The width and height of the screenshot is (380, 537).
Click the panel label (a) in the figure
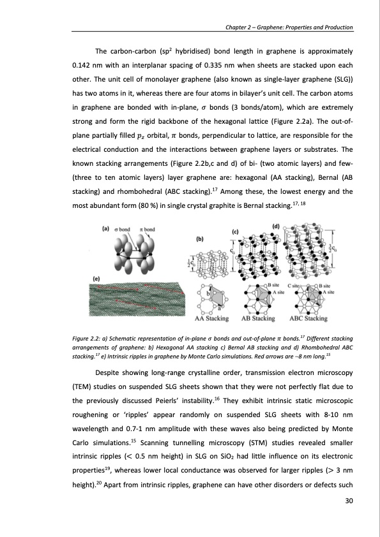tap(105, 228)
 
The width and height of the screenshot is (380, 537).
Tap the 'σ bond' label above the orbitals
tap(123, 229)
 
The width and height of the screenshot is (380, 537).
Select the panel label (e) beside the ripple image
tap(96, 279)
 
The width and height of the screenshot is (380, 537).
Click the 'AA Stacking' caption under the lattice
tap(211, 318)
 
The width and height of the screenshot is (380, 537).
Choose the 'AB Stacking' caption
tap(258, 318)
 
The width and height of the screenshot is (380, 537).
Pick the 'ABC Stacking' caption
tap(308, 318)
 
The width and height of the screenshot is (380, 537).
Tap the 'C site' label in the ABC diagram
tap(294, 286)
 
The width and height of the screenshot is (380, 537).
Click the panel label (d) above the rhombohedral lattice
tap(276, 226)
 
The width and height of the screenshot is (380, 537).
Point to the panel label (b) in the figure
tap(200, 239)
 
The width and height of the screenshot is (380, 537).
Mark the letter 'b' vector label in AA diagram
tap(208, 293)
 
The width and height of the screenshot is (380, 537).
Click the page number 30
tap(349, 501)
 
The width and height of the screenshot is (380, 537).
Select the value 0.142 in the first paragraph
tap(81, 66)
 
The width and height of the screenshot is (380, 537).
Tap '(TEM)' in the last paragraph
tap(81, 387)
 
